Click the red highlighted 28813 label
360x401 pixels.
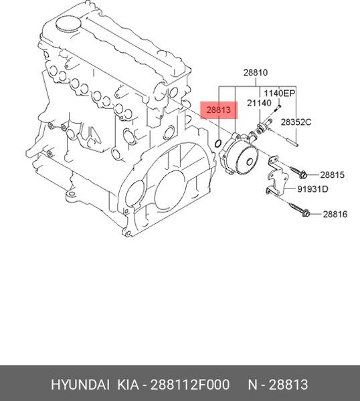point(219,110)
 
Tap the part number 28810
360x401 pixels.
point(255,73)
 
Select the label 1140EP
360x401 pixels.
point(280,94)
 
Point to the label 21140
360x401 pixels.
point(259,103)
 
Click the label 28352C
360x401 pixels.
point(296,122)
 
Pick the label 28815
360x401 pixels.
point(333,175)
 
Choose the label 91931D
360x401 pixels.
point(312,189)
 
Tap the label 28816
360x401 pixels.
point(335,214)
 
